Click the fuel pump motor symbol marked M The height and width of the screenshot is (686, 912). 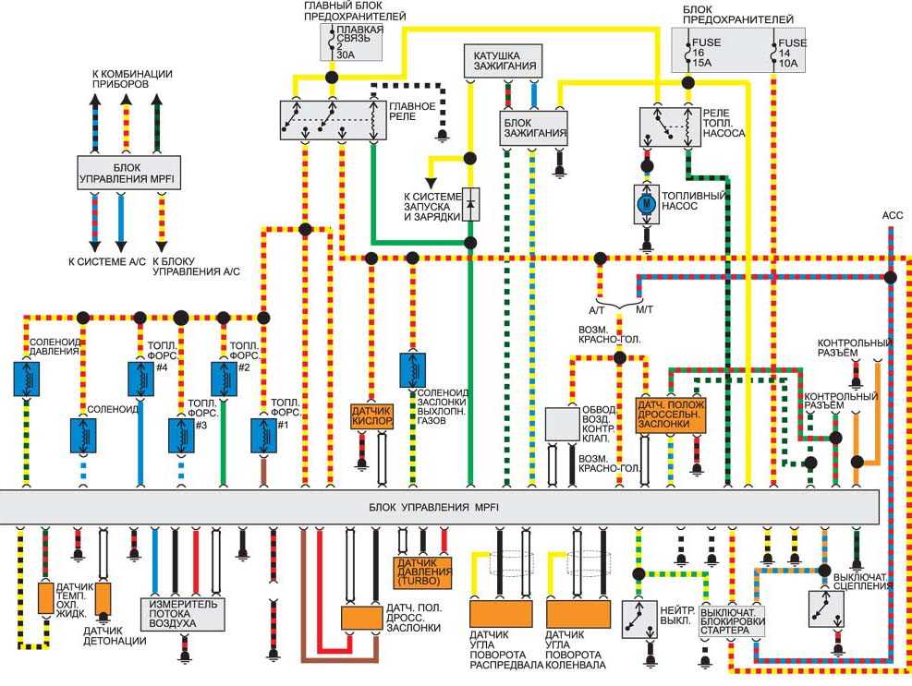coord(646,204)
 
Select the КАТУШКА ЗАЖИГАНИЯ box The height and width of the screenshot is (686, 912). coord(504,61)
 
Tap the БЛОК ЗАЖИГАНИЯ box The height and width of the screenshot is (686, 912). coord(533,128)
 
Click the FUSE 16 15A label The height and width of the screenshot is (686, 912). coord(705,53)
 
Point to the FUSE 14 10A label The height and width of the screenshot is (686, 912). coord(792,53)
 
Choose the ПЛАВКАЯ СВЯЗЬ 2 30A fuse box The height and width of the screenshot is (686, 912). coord(351,42)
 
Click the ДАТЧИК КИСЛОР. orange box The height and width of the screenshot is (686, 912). coord(372,416)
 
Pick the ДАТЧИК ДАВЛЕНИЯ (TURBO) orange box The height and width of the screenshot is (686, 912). coord(424,572)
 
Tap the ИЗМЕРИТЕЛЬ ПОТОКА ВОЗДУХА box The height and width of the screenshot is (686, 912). coord(183,614)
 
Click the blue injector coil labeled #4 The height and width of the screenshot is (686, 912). coord(140,379)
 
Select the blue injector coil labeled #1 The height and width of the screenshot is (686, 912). coord(263,436)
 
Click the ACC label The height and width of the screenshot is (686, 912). coord(893,216)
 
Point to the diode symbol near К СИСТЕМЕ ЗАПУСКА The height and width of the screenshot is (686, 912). coord(471,204)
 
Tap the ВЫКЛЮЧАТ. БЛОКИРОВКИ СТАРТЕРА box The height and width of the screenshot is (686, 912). coord(732,620)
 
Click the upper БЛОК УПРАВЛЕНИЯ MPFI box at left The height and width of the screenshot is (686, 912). coord(129,173)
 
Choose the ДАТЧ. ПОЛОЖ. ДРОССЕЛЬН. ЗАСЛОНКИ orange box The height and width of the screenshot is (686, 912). coord(671,415)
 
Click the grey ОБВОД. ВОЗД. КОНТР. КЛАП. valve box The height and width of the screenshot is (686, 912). coord(563,424)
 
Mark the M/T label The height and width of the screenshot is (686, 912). coord(644,310)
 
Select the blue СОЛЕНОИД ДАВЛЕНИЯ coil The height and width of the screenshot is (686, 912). coord(27,379)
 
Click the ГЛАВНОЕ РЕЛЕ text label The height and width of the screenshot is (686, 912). coord(412,111)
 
